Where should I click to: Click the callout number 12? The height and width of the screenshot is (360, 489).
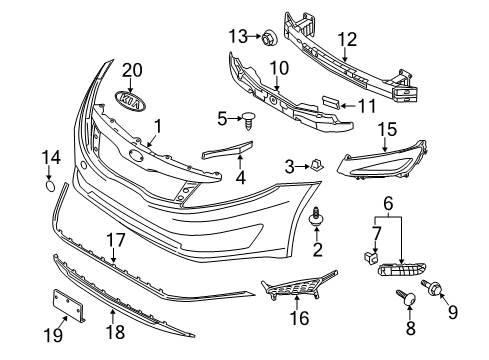[x=346, y=41]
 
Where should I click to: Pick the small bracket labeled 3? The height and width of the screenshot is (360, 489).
[x=314, y=165]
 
